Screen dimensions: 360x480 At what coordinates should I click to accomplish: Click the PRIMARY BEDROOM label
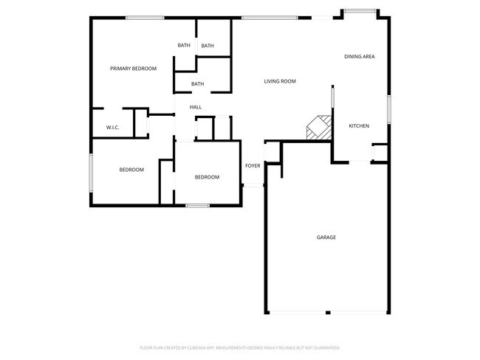pos(133,69)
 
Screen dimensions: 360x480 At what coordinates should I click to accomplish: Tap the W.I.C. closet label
pos(112,128)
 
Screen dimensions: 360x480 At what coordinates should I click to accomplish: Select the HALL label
pos(196,108)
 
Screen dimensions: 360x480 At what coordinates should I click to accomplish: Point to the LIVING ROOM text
pos(280,81)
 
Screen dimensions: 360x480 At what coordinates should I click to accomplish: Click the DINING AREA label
pos(359,56)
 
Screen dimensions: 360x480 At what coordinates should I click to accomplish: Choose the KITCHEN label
pos(359,126)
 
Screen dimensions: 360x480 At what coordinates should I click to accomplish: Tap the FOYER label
pos(253,166)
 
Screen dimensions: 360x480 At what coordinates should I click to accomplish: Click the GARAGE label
pos(326,238)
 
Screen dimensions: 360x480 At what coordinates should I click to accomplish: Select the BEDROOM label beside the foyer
pos(207,177)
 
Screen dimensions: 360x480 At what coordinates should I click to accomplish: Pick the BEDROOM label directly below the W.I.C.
pos(131,170)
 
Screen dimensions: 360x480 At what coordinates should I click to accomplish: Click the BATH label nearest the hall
pos(197,84)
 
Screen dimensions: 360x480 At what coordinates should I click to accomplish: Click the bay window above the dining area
pos(360,10)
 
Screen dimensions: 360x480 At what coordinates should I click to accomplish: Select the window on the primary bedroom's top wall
pos(144,18)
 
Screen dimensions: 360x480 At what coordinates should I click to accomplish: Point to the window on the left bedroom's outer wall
pos(91,173)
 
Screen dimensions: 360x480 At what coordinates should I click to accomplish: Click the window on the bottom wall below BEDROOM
pos(196,205)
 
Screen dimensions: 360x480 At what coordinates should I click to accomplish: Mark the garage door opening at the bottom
pos(326,312)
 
